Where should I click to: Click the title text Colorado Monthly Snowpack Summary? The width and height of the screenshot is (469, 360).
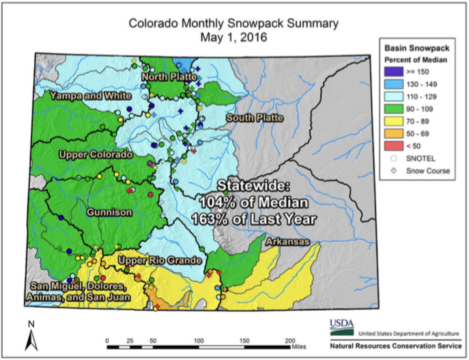[234, 24]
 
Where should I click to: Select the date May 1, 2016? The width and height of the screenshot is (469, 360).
[234, 38]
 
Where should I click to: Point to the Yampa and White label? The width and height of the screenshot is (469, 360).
[90, 96]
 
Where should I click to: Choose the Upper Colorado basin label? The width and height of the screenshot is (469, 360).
[95, 155]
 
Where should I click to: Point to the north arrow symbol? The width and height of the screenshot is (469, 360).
[31, 338]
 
